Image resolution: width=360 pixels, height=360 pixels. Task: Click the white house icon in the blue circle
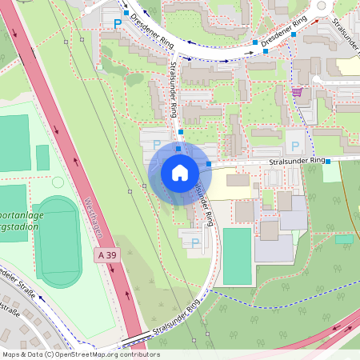coord(179,172)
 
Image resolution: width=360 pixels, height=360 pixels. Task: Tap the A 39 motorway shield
coord(106,254)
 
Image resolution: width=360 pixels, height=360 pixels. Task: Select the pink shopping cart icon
coord(297,92)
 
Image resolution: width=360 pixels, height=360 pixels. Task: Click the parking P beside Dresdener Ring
coord(118,24)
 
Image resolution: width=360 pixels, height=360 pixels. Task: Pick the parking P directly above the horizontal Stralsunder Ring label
coord(295,146)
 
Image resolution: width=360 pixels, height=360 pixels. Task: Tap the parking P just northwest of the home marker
coord(157,145)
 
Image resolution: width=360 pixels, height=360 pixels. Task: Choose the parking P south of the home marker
coord(194,242)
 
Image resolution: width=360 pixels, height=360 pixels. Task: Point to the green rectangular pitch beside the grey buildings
coord(237,256)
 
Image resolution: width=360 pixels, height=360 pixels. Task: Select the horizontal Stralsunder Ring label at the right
coord(297,161)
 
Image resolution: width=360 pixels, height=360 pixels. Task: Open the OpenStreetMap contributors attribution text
coord(80,354)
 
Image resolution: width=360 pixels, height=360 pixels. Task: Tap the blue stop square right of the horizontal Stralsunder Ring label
coord(327,160)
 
